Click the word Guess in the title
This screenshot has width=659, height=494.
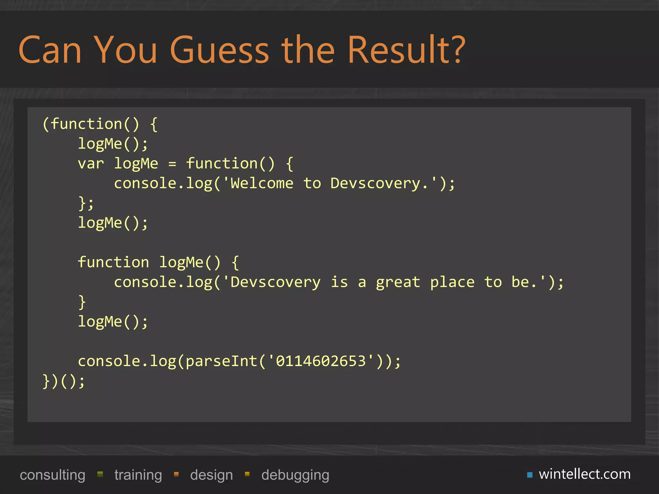(219, 50)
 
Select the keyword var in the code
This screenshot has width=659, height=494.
(91, 164)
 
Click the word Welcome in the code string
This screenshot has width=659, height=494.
(262, 184)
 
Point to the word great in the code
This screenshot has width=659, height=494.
(398, 282)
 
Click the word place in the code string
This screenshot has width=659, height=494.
(452, 282)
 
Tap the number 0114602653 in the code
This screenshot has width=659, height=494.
(321, 361)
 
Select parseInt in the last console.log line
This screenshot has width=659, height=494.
(222, 361)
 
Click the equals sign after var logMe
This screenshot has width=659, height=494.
(172, 164)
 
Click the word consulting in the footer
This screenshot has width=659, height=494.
(52, 475)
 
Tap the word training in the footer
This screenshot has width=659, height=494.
(138, 475)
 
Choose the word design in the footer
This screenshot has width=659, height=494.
(211, 475)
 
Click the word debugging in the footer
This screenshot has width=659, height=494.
(295, 475)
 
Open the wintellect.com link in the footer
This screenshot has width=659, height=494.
(585, 474)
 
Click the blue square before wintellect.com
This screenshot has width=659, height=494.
(530, 475)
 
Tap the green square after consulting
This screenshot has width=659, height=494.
(100, 474)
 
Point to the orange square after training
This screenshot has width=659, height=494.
(176, 474)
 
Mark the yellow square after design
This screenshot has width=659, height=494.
(247, 474)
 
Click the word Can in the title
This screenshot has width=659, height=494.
(50, 50)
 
